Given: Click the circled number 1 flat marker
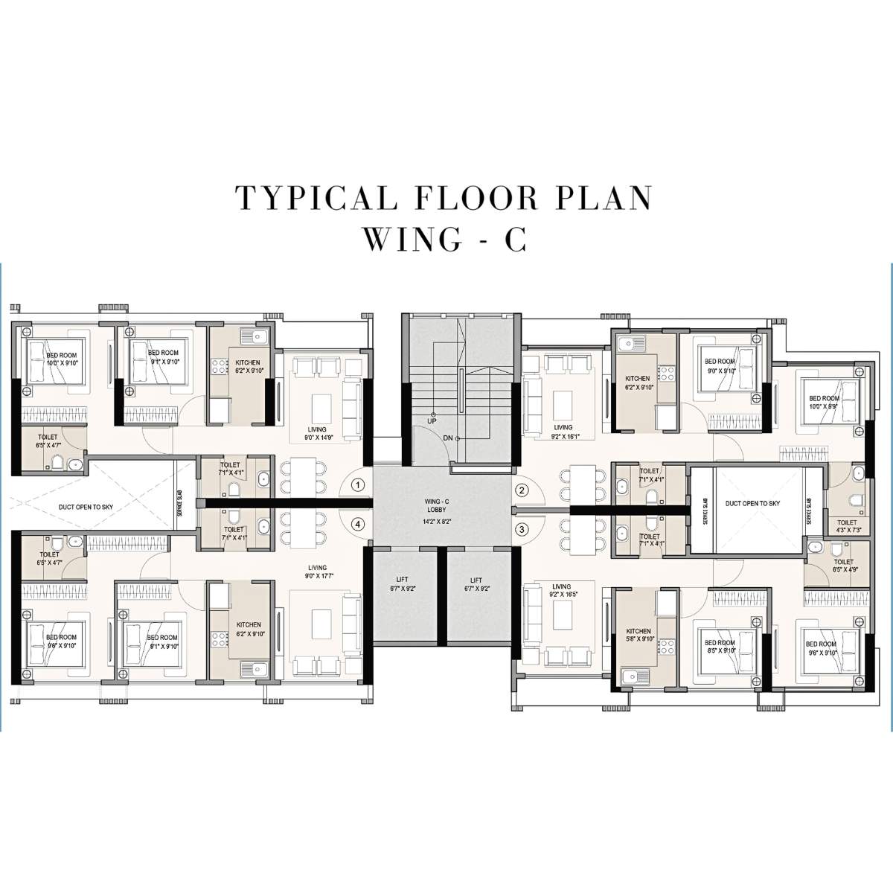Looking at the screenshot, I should pos(359,485).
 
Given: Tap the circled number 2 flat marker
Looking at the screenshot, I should pos(522,490).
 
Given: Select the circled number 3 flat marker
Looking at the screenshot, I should pos(522,529).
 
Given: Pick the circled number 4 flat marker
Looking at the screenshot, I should pos(359,524).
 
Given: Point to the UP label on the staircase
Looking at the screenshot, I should pos(432,421).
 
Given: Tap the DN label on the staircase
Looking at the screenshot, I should pos(448,438).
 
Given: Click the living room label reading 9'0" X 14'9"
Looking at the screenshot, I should pos(321,434).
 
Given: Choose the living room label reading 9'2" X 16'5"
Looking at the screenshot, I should pos(562,570).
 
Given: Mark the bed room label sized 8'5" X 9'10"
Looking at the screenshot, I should pos(719,647).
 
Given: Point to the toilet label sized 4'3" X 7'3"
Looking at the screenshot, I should pos(847,527).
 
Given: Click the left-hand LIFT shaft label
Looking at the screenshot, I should pos(403,584).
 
